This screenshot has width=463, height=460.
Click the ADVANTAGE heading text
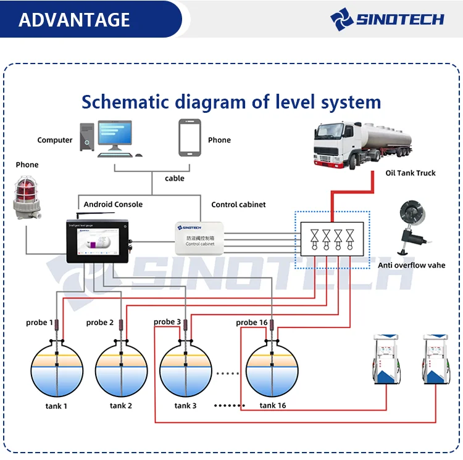click(x=74, y=20)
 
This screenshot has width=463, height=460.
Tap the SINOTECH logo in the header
click(x=387, y=18)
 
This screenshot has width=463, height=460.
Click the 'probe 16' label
click(x=251, y=322)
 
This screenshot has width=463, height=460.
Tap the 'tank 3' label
click(x=185, y=406)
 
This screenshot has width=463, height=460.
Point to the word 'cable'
click(x=174, y=178)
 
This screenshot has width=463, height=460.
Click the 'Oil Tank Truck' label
click(x=411, y=173)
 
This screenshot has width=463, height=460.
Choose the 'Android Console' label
click(x=113, y=204)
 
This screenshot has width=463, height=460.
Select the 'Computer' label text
click(x=55, y=140)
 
